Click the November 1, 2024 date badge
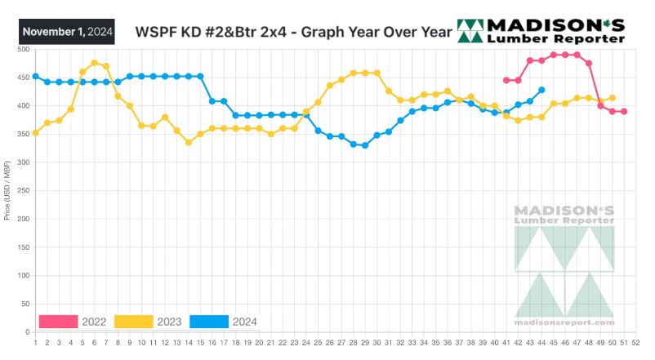pyautogui.click(x=67, y=32)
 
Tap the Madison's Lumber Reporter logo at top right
pyautogui.click(x=541, y=30)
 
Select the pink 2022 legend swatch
pyautogui.click(x=58, y=322)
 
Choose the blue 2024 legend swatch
pyautogui.click(x=209, y=322)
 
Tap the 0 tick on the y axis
pyautogui.click(x=27, y=332)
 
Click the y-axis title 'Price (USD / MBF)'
pyautogui.click(x=7, y=191)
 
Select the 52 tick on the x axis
pyautogui.click(x=637, y=342)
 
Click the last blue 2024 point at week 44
pyautogui.click(x=542, y=90)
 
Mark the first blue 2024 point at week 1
pyautogui.click(x=35, y=77)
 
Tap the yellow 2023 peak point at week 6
pyautogui.click(x=95, y=63)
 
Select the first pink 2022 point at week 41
pyautogui.click(x=506, y=80)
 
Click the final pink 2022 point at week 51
pyautogui.click(x=625, y=112)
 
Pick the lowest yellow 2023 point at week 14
pyautogui.click(x=189, y=142)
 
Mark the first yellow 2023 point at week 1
pyautogui.click(x=35, y=132)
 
